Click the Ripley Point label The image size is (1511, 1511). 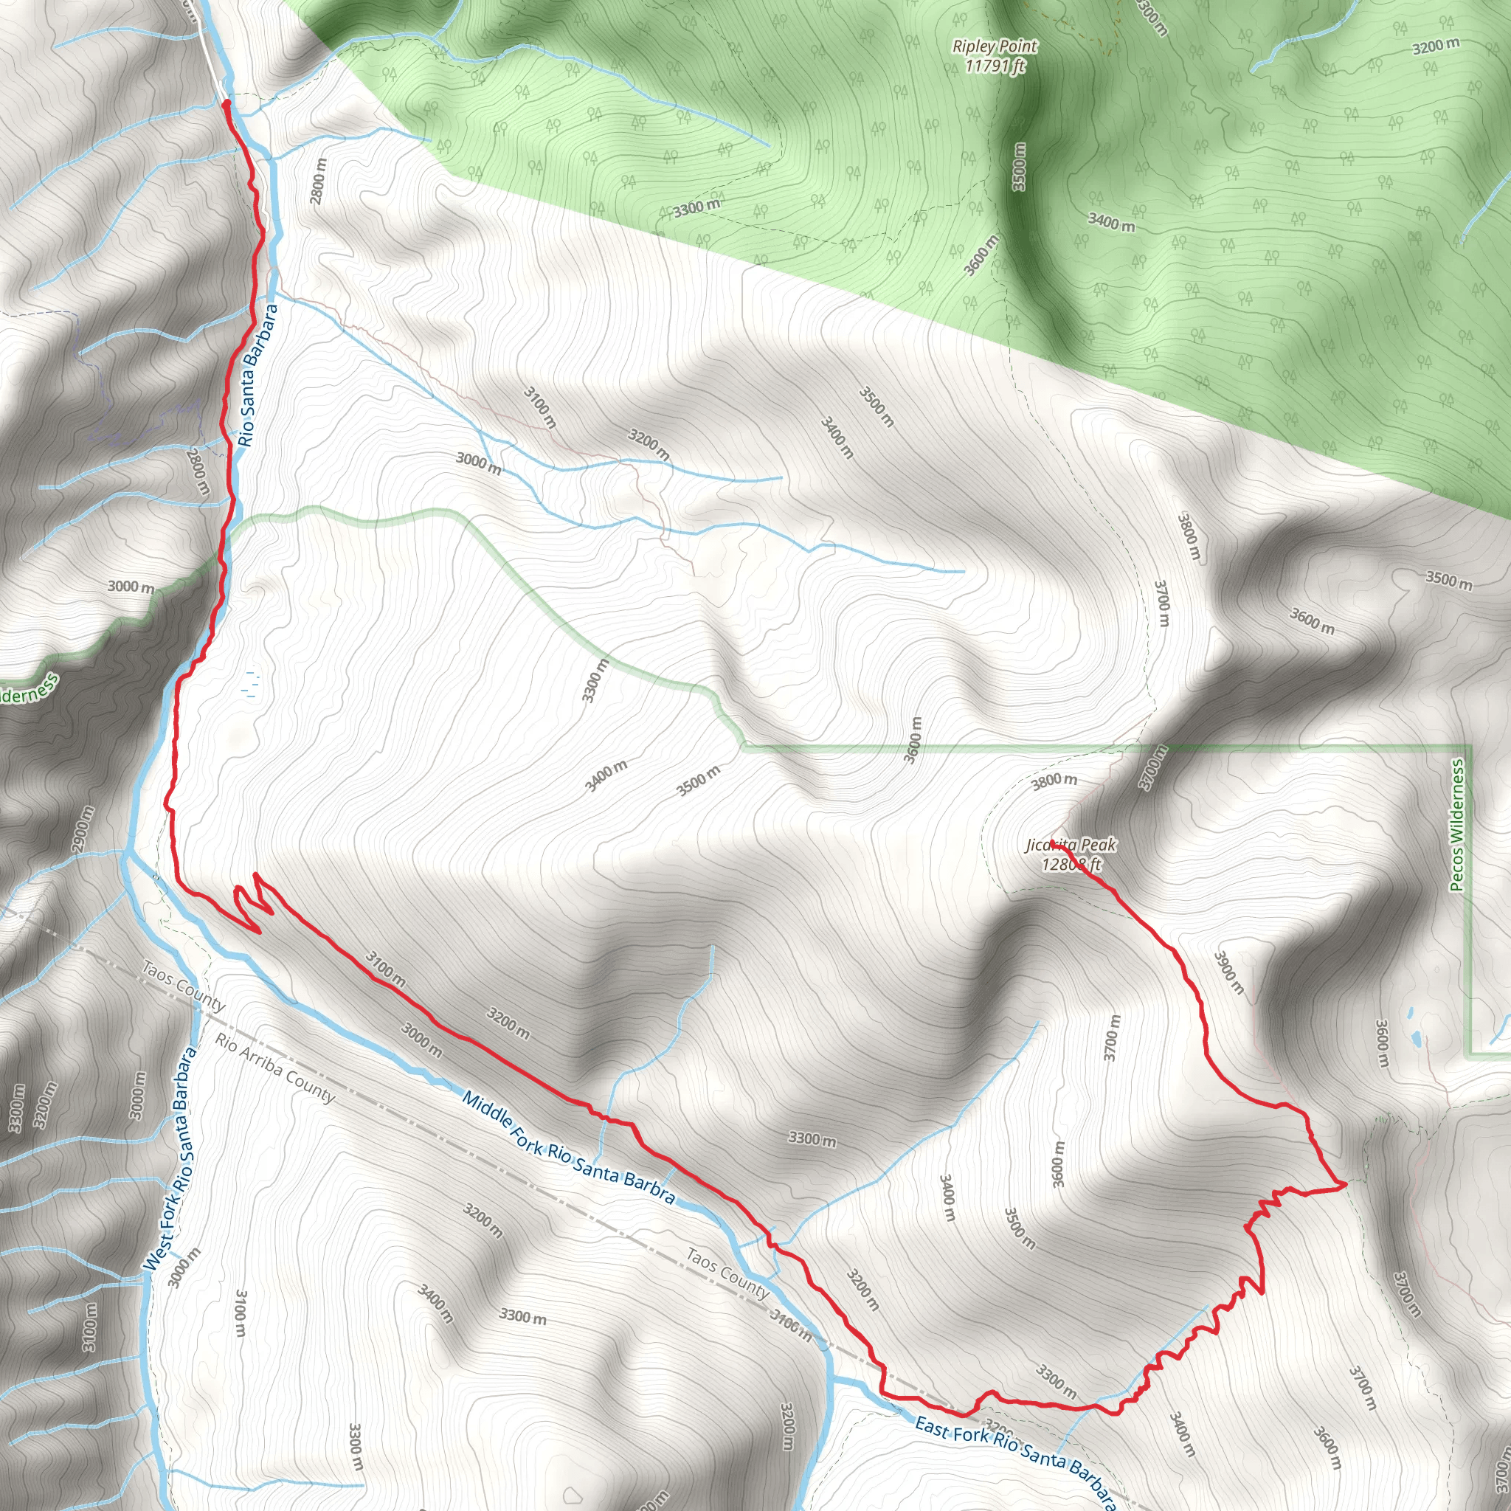coord(994,46)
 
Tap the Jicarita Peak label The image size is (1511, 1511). coord(1071,846)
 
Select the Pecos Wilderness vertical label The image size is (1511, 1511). coord(1456,825)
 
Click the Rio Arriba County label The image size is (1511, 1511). coord(275,1068)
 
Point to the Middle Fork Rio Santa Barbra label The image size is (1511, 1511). coord(568,1147)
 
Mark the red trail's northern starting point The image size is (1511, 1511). coord(226,103)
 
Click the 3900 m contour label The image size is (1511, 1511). coord(1228,972)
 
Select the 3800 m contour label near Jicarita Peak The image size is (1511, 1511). coord(1054,781)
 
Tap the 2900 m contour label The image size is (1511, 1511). coord(82,829)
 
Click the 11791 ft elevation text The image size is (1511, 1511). coord(995,66)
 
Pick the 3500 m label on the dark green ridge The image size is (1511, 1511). coord(1019,167)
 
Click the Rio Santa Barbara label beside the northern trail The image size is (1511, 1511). coord(258,376)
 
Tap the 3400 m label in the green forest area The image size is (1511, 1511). coord(1111,222)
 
